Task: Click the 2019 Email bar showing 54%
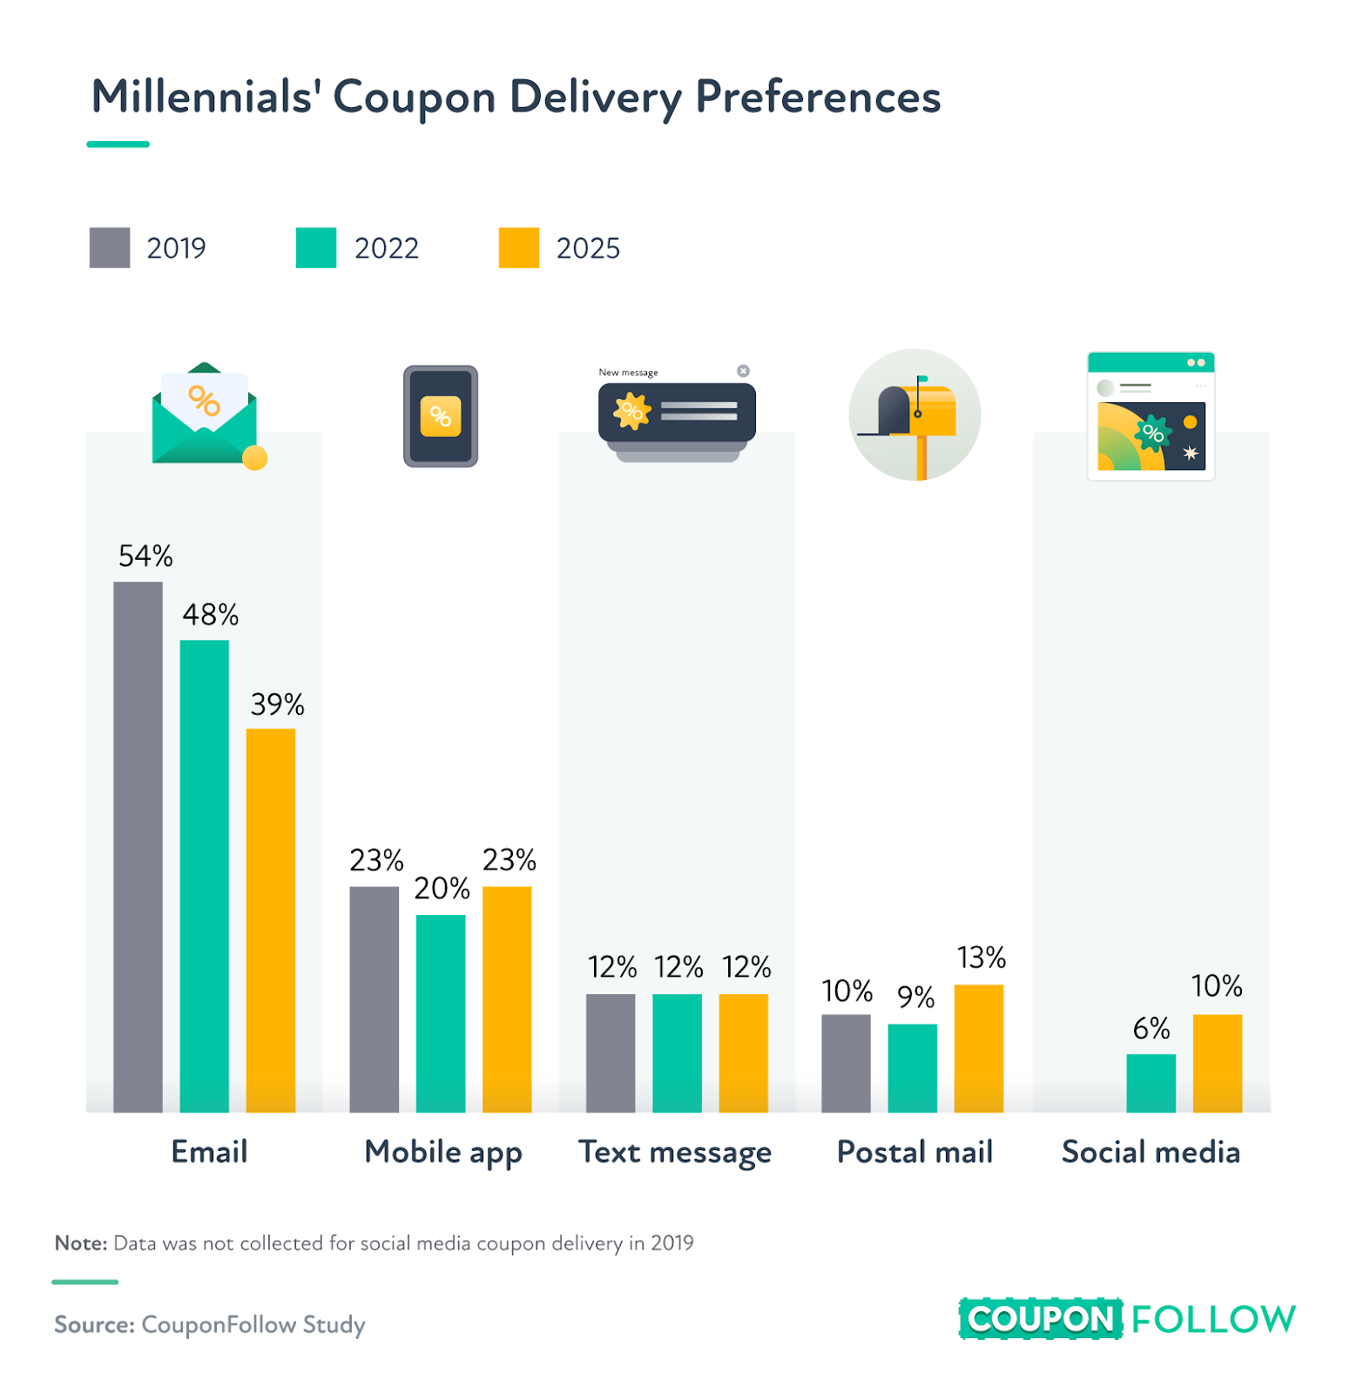click(138, 846)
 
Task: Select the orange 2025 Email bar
click(271, 919)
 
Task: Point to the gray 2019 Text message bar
click(611, 1053)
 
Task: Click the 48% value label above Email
click(210, 615)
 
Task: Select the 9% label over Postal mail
click(915, 997)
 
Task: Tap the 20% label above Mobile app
click(442, 888)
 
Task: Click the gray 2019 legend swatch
click(110, 248)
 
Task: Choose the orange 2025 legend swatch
click(519, 248)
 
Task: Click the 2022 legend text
click(387, 249)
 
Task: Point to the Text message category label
click(675, 1152)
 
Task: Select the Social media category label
click(1151, 1152)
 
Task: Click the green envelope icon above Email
click(206, 415)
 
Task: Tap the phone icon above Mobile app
click(441, 416)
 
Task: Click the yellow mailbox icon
click(916, 413)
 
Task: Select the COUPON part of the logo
click(1040, 1319)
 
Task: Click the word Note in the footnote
click(80, 1243)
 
